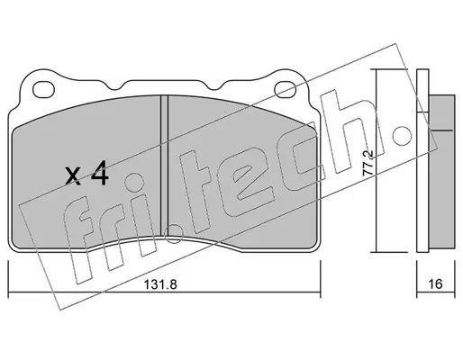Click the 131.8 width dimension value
click(160, 284)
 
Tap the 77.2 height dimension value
click(368, 163)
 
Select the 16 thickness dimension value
click(435, 283)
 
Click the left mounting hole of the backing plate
click(44, 89)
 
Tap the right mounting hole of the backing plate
click(286, 89)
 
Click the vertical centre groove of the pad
click(164, 165)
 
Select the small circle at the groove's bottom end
click(174, 234)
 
